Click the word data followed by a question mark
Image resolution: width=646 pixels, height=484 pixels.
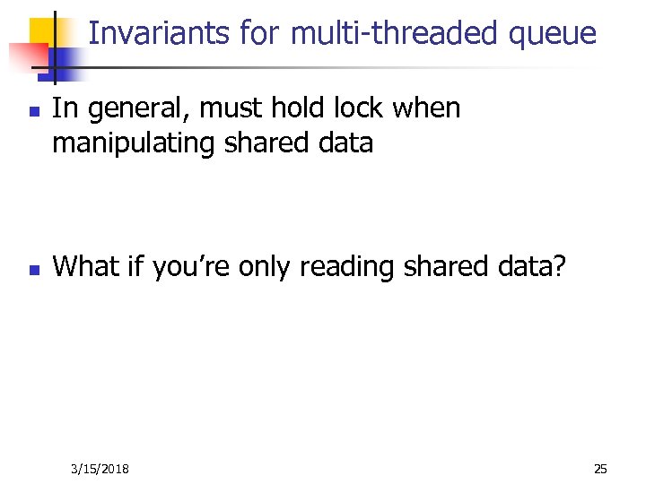click(534, 266)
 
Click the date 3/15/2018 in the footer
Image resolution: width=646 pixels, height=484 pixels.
click(100, 469)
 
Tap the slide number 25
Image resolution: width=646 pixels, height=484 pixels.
click(600, 469)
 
